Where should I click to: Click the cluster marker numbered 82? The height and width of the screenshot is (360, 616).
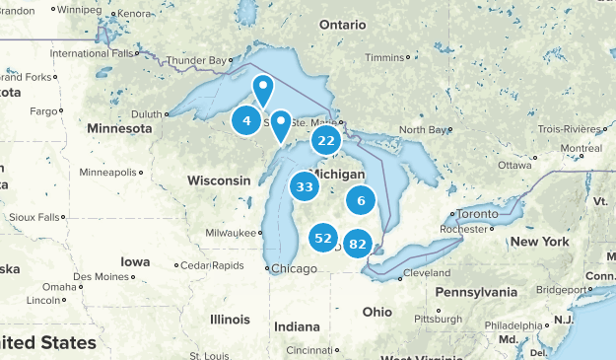(358, 244)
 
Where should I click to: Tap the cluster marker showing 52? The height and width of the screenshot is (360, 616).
(322, 238)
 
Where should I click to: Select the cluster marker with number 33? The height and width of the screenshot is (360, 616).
(305, 186)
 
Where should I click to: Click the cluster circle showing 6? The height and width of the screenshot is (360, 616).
(362, 200)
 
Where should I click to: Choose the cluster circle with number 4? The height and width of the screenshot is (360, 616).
(246, 121)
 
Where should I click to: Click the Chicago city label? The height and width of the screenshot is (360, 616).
(294, 268)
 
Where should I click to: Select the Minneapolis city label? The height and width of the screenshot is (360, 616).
(108, 172)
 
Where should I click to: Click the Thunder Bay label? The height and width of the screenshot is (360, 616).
(196, 60)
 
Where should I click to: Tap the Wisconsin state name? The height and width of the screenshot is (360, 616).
(219, 180)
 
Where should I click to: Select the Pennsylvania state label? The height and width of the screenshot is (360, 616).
(476, 293)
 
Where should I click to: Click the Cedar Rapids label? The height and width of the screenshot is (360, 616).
(212, 265)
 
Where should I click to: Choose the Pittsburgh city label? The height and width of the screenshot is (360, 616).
(438, 319)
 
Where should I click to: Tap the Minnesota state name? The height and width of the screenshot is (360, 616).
(119, 128)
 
